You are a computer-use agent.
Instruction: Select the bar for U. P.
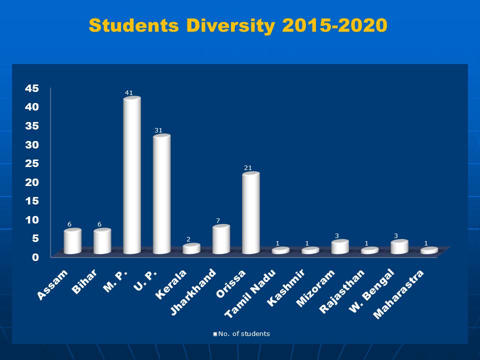point(161,195)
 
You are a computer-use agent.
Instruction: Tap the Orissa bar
point(250,213)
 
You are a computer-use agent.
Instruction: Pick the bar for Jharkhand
point(221,240)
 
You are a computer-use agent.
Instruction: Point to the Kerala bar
point(191,249)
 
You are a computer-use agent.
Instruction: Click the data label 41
point(128,92)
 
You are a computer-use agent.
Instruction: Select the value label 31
point(158,130)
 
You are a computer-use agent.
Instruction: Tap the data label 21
point(247,168)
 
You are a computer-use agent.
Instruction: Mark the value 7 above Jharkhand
point(218,221)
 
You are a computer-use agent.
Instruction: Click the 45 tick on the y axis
point(32,88)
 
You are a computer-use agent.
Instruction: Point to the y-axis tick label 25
point(32,163)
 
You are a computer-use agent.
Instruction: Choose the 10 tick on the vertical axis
point(32,219)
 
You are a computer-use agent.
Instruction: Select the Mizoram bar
point(339,247)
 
